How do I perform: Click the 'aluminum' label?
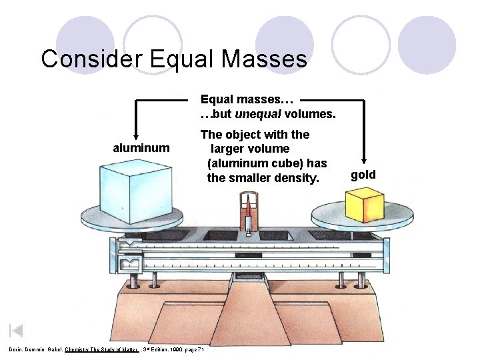click(x=141, y=147)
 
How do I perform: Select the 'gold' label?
click(x=363, y=175)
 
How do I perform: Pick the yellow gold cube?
click(x=363, y=205)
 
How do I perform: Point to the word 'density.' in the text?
click(x=297, y=178)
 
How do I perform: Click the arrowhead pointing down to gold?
click(x=364, y=161)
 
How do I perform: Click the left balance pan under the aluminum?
click(x=131, y=217)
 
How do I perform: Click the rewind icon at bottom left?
click(x=16, y=331)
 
